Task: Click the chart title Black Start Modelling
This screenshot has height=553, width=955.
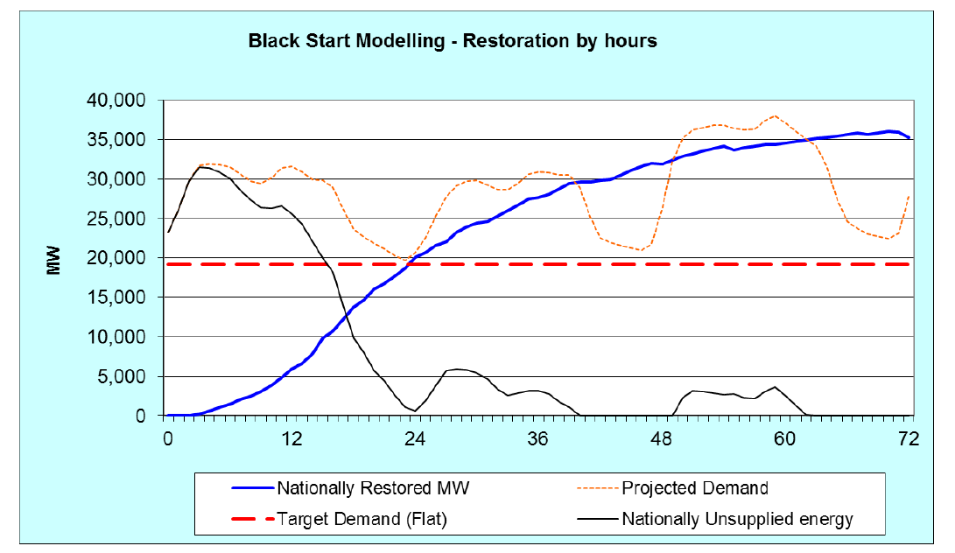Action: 452,41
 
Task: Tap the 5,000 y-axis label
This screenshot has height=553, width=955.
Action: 130,377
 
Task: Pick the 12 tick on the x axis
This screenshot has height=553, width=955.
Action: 291,440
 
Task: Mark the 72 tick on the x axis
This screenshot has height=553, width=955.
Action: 909,440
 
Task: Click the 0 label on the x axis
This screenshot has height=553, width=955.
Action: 167,440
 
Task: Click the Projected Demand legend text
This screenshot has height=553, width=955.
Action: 695,488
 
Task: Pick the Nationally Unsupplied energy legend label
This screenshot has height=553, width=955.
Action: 737,519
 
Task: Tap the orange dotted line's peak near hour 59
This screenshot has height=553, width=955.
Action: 774,115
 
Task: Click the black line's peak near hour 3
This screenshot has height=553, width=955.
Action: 200,166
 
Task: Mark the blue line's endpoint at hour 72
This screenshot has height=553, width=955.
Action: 909,137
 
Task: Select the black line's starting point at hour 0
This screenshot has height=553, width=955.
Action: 167,232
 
